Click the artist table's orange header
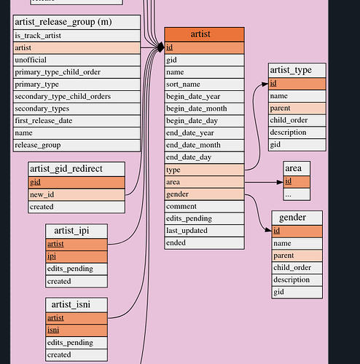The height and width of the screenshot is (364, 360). click(204, 34)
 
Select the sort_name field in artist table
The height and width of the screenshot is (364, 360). click(204, 84)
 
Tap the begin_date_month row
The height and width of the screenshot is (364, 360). click(204, 108)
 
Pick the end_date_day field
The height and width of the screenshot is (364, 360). click(204, 157)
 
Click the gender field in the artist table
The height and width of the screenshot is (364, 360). click(204, 194)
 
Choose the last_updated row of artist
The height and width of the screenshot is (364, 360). click(204, 231)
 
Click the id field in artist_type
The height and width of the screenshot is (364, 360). click(297, 84)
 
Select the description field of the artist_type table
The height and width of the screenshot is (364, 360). click(297, 132)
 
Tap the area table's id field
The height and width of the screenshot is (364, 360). click(297, 182)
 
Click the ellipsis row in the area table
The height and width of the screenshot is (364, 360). click(297, 194)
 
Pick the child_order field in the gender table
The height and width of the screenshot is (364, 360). click(297, 268)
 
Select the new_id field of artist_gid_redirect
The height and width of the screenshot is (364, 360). click(77, 194)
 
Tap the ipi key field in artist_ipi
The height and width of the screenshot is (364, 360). click(77, 256)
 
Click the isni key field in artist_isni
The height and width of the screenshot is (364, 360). click(77, 331)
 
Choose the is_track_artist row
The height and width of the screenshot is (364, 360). click(77, 36)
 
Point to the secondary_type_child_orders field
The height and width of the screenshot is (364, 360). click(77, 97)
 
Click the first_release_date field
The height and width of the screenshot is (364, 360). click(77, 121)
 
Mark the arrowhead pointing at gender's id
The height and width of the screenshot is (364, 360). click(268, 230)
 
